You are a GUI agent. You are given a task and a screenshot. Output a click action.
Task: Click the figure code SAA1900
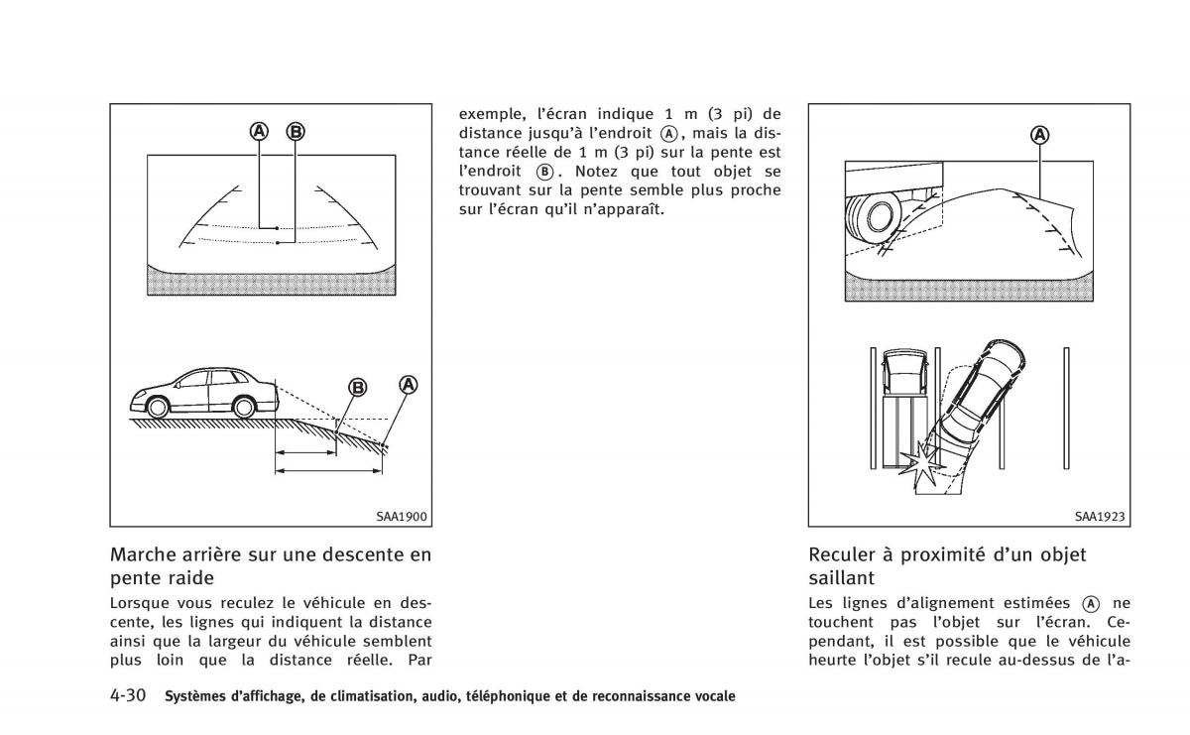point(401,517)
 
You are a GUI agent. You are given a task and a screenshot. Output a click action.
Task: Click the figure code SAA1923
point(1100,517)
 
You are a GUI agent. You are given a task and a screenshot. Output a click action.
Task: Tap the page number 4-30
point(128,695)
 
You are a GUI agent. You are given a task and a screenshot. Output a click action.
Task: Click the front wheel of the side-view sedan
point(158,408)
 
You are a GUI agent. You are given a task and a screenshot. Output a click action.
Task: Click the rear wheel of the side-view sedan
point(244,408)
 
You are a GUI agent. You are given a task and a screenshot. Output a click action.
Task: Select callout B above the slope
point(358,388)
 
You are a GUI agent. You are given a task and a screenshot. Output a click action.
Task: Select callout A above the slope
point(408,385)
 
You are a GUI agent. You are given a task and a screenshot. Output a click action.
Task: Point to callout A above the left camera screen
point(259,131)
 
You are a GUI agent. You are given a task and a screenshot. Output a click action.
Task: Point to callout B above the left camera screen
point(296,131)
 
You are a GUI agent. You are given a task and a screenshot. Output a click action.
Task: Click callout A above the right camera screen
point(1039,135)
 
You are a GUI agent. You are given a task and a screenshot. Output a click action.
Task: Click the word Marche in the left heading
point(143,554)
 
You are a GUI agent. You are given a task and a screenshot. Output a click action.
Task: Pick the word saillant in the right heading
point(842,577)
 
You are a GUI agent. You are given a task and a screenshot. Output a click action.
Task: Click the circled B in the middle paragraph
point(544,172)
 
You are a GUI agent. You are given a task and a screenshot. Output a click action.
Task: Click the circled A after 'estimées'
point(1090,604)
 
